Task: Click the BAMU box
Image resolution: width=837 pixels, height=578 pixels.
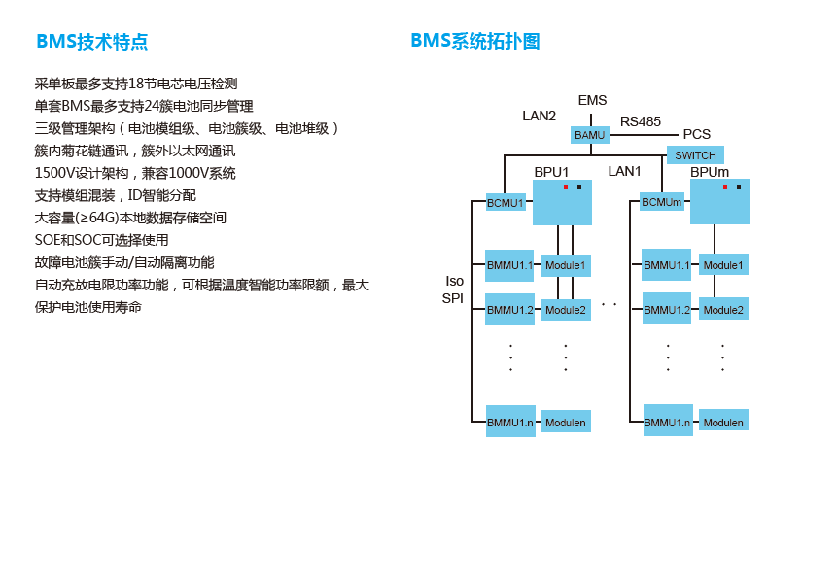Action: (589, 135)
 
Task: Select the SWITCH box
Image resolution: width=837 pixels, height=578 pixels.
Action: (695, 155)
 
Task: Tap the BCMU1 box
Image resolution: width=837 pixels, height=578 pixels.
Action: (506, 203)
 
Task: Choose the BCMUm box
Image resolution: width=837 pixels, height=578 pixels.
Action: (662, 202)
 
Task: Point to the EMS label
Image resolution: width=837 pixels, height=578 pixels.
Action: (592, 100)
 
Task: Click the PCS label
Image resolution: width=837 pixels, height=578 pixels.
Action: (696, 134)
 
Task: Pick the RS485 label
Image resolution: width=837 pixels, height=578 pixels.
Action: (641, 121)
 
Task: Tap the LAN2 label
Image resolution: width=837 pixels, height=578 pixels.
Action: (539, 116)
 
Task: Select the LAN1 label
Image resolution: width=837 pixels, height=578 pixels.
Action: (624, 171)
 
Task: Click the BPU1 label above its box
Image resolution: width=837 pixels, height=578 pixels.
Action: (551, 172)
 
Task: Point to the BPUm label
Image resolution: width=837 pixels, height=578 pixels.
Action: (710, 172)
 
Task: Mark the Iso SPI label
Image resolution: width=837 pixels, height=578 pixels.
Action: (453, 289)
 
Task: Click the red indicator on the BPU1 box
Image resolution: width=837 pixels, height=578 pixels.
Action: (566, 187)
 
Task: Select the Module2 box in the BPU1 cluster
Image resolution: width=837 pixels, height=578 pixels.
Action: (565, 310)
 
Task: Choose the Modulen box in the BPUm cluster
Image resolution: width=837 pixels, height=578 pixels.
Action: (723, 423)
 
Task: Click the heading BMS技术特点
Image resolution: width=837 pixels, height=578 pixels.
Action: (92, 42)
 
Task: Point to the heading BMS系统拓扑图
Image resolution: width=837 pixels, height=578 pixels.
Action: (474, 41)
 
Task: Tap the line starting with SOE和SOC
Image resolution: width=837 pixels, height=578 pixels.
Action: (101, 240)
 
